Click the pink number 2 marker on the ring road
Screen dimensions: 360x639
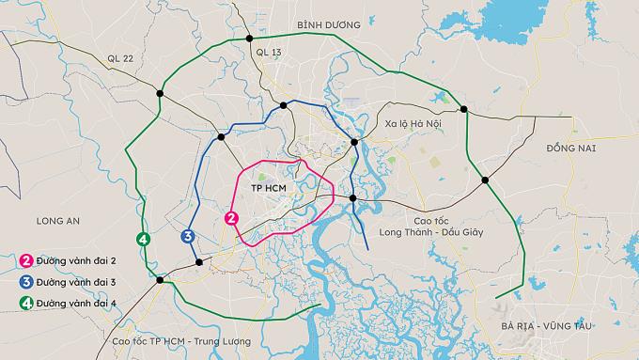231,218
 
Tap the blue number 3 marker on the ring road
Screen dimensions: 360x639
188,236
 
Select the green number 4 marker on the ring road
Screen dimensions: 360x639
143,239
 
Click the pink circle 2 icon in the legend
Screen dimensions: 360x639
26,260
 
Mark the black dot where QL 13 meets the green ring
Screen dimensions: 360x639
249,39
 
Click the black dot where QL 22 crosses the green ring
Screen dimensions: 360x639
161,93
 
